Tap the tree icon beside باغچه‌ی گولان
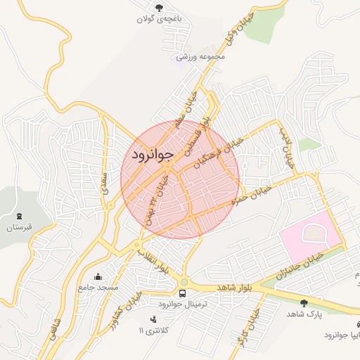160,8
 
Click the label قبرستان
19,228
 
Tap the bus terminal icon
183,291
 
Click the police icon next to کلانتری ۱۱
154,320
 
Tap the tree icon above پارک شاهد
304,303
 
